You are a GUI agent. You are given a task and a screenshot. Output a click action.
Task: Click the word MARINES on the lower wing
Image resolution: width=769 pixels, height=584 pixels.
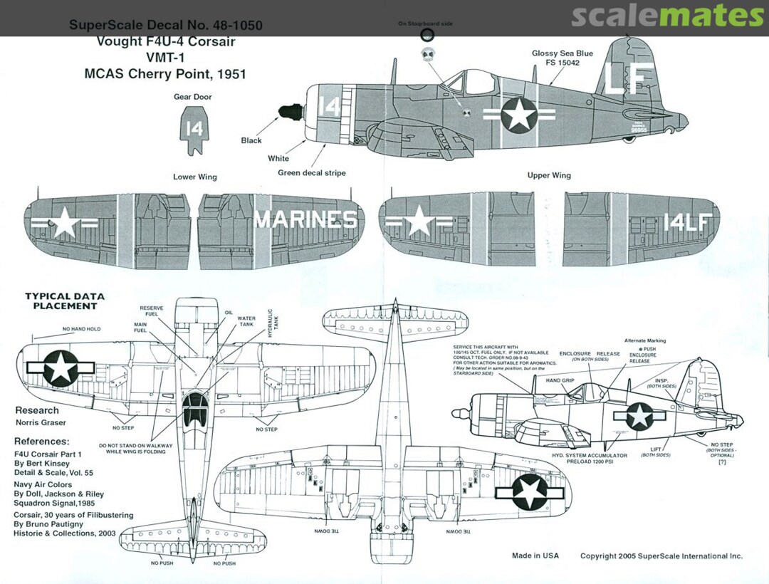coord(306,220)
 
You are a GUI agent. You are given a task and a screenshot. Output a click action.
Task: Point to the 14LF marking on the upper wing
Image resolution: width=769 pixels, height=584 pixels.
coord(686,222)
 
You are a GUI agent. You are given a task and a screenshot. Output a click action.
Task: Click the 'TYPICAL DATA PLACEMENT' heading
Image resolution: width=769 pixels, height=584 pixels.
coord(64,301)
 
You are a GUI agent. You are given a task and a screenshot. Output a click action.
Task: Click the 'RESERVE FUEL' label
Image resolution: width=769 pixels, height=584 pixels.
coord(151,311)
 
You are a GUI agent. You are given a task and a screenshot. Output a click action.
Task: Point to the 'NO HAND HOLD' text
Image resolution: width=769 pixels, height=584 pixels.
coord(82,329)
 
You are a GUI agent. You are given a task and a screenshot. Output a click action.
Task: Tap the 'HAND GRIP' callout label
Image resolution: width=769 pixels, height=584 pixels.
coord(560,380)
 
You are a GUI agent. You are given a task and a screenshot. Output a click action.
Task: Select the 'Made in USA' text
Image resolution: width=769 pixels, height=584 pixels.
coord(535,556)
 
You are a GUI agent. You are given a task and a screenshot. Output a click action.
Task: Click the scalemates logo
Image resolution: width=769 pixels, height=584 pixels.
coord(667,16)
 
